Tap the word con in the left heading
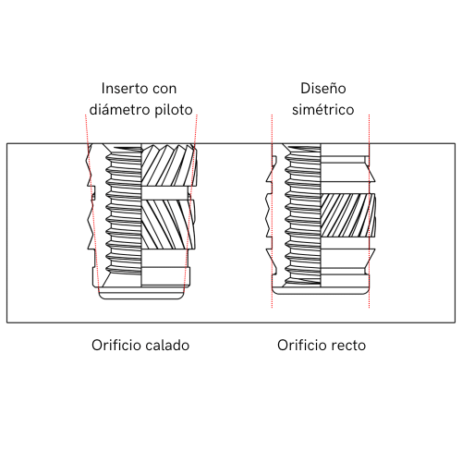[x=164, y=89]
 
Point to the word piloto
[x=174, y=110]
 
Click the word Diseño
[x=323, y=89]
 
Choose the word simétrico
[x=323, y=110]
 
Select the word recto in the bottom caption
[x=348, y=346]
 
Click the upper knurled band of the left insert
[x=169, y=165]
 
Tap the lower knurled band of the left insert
[x=168, y=225]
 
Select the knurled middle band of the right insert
[x=348, y=215]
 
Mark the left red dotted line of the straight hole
[x=272, y=211]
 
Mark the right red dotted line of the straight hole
[x=369, y=211]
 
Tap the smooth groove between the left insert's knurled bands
[x=165, y=193]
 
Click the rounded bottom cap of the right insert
[x=321, y=291]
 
